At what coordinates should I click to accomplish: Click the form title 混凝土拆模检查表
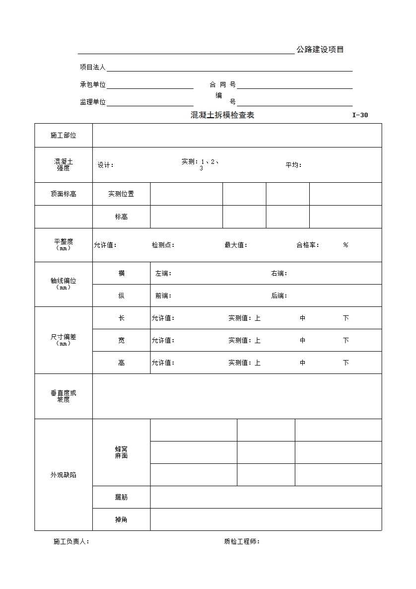tap(222, 115)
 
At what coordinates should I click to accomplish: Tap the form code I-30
tap(360, 115)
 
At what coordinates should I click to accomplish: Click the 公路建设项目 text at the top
tap(320, 50)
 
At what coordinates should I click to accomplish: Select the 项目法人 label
tap(93, 67)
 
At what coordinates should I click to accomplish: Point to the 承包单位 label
tap(93, 84)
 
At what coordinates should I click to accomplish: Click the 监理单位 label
tap(93, 102)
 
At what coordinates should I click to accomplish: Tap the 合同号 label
tap(222, 84)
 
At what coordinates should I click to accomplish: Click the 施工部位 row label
tap(64, 135)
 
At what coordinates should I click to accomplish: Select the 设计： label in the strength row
tap(106, 165)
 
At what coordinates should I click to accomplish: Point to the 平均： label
tap(293, 165)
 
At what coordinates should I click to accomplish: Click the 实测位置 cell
tap(121, 194)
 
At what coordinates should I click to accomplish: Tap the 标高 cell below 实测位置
tap(121, 217)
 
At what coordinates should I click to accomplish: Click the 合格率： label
tap(308, 245)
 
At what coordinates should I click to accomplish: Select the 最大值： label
tap(236, 245)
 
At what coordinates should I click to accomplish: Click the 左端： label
tap(163, 273)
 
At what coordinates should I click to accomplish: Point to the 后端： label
tap(279, 295)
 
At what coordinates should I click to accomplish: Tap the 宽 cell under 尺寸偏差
tap(121, 340)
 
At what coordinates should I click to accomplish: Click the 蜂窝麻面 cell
tap(121, 452)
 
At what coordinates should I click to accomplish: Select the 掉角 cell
tap(121, 519)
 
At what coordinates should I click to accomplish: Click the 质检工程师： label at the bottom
tap(242, 541)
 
